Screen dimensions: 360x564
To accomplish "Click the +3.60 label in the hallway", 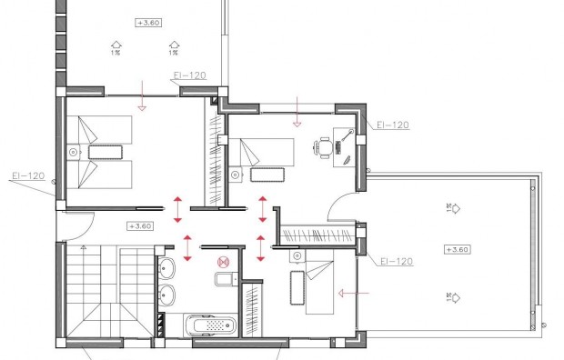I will pyautogui.click(x=140, y=225).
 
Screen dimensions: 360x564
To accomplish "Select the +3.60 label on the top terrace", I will pyautogui.click(x=147, y=22).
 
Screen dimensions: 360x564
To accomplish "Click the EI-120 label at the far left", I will pyautogui.click(x=28, y=175).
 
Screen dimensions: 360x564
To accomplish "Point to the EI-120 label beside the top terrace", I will pyautogui.click(x=189, y=77).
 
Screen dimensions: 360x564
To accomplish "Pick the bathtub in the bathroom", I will pyautogui.click(x=209, y=325).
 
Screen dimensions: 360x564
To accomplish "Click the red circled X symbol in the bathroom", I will pyautogui.click(x=220, y=263).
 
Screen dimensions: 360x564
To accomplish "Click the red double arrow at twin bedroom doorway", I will pyautogui.click(x=177, y=205).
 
